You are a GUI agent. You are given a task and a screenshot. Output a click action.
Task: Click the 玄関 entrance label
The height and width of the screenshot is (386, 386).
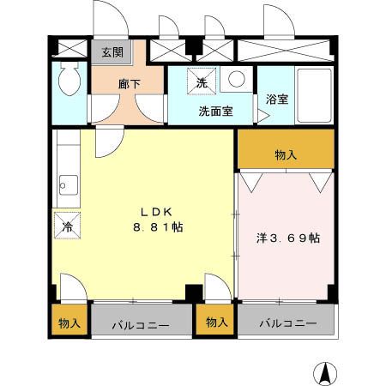click(x=112, y=52)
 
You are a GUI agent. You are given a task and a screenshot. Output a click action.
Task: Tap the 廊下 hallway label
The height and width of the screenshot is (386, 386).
click(x=130, y=84)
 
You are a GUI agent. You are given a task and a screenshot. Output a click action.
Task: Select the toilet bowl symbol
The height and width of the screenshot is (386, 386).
click(x=69, y=78)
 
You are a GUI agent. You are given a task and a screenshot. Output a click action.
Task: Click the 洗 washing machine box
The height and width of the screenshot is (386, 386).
click(x=202, y=81)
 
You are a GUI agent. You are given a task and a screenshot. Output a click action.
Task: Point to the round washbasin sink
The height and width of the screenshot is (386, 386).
click(x=237, y=79)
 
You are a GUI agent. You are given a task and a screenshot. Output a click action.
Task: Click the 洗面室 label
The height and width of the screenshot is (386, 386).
click(x=215, y=111)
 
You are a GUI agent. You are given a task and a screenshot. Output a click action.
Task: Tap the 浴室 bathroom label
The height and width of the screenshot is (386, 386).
click(x=276, y=99)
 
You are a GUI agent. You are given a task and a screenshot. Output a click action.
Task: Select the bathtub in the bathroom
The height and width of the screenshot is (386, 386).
click(x=314, y=95)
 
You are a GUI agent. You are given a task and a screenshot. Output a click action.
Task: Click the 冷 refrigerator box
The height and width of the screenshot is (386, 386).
click(x=68, y=226)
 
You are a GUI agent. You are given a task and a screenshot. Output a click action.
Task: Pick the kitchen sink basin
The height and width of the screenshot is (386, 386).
click(x=69, y=185)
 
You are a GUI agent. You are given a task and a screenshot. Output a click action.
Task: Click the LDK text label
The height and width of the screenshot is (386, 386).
click(x=156, y=212)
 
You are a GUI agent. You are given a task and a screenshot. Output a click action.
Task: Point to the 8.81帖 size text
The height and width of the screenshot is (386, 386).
click(x=158, y=227)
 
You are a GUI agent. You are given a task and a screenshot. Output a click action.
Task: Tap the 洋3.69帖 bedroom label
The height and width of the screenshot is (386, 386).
click(x=288, y=238)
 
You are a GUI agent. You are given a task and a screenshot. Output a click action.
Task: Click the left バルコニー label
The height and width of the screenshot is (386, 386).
click(x=141, y=325)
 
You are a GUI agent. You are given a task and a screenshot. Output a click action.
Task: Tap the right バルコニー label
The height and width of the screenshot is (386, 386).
click(x=288, y=323)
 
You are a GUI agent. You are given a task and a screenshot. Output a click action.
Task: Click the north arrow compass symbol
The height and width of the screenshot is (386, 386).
click(x=325, y=374)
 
